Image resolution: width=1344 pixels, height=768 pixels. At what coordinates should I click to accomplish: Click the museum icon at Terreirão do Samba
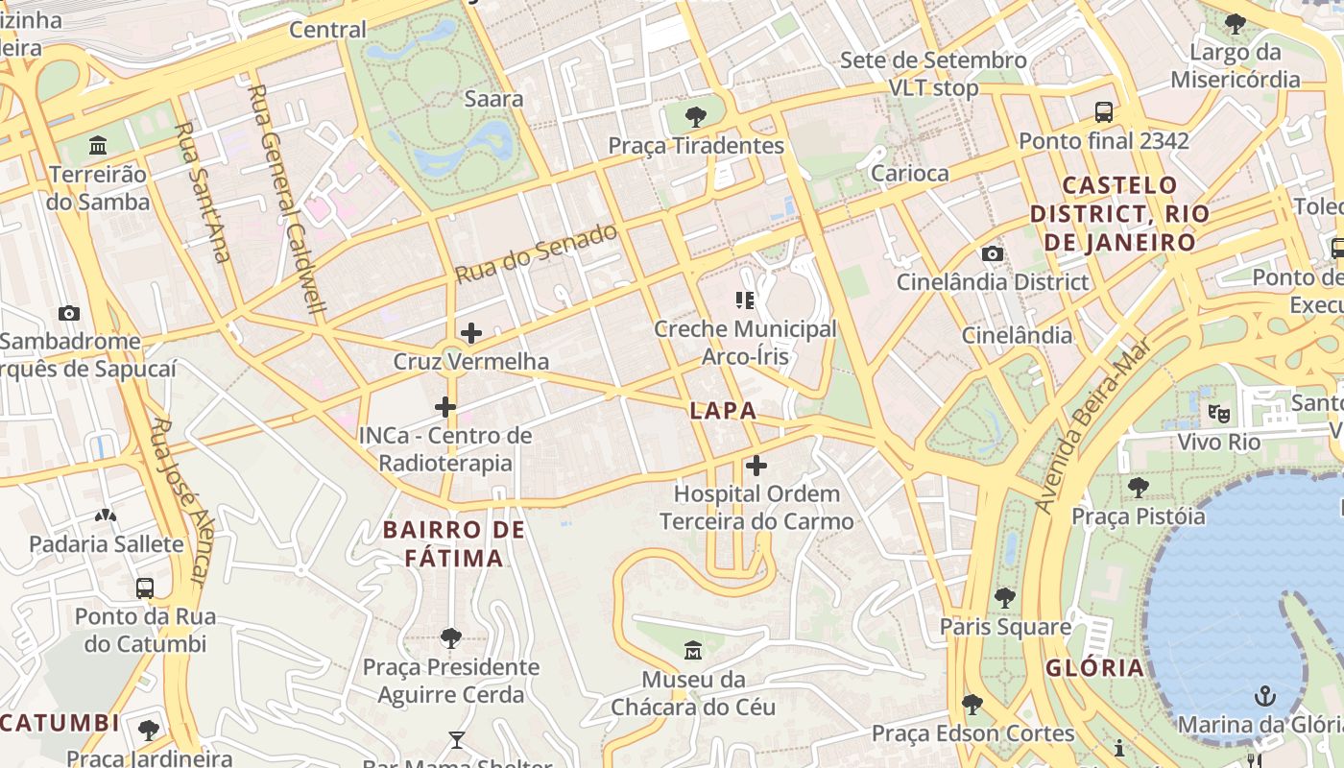[98, 146]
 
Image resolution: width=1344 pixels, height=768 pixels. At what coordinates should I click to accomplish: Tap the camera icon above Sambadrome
[68, 313]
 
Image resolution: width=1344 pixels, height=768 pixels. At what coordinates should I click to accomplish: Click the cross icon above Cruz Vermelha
[470, 333]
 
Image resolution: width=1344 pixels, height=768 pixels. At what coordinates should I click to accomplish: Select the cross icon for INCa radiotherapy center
[444, 407]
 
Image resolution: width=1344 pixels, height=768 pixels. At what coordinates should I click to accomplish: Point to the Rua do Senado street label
[536, 253]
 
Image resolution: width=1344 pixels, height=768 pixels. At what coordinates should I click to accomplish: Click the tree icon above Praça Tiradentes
[696, 117]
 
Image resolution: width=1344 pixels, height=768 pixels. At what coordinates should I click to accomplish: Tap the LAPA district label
[723, 411]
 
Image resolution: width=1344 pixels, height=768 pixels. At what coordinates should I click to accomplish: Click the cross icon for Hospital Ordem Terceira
[756, 466]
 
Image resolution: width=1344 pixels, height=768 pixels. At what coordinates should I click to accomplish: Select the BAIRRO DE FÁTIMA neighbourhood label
[454, 543]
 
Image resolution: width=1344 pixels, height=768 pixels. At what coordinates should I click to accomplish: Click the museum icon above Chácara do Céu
[693, 651]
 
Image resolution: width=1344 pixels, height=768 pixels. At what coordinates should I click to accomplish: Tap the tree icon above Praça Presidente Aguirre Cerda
[450, 637]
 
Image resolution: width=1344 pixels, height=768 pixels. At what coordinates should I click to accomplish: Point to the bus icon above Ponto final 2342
[1104, 112]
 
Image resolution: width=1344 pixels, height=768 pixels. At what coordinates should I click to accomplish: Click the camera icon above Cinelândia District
[993, 253]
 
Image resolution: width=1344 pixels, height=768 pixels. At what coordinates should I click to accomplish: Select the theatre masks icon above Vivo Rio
[1219, 414]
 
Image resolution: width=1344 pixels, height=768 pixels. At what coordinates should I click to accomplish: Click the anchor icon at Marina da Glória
[1265, 695]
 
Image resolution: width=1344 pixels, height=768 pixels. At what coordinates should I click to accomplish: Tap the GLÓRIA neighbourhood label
[1094, 668]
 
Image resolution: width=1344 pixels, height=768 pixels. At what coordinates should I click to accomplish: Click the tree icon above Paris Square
[1005, 598]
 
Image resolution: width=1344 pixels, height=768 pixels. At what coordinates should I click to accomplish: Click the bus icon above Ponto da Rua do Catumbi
[144, 588]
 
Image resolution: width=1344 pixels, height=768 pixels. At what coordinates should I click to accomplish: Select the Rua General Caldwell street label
[288, 202]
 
